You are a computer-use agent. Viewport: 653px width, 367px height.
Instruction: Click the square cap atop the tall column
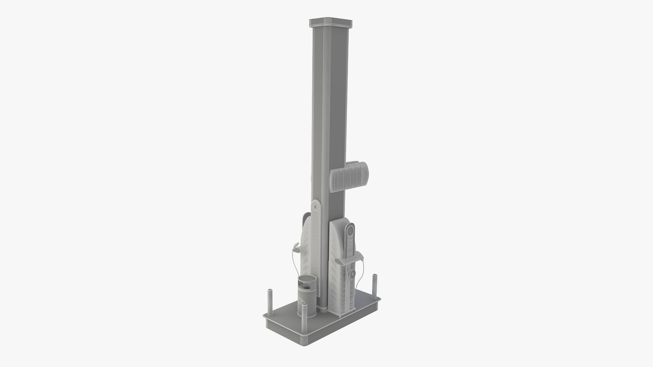coord(330,23)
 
